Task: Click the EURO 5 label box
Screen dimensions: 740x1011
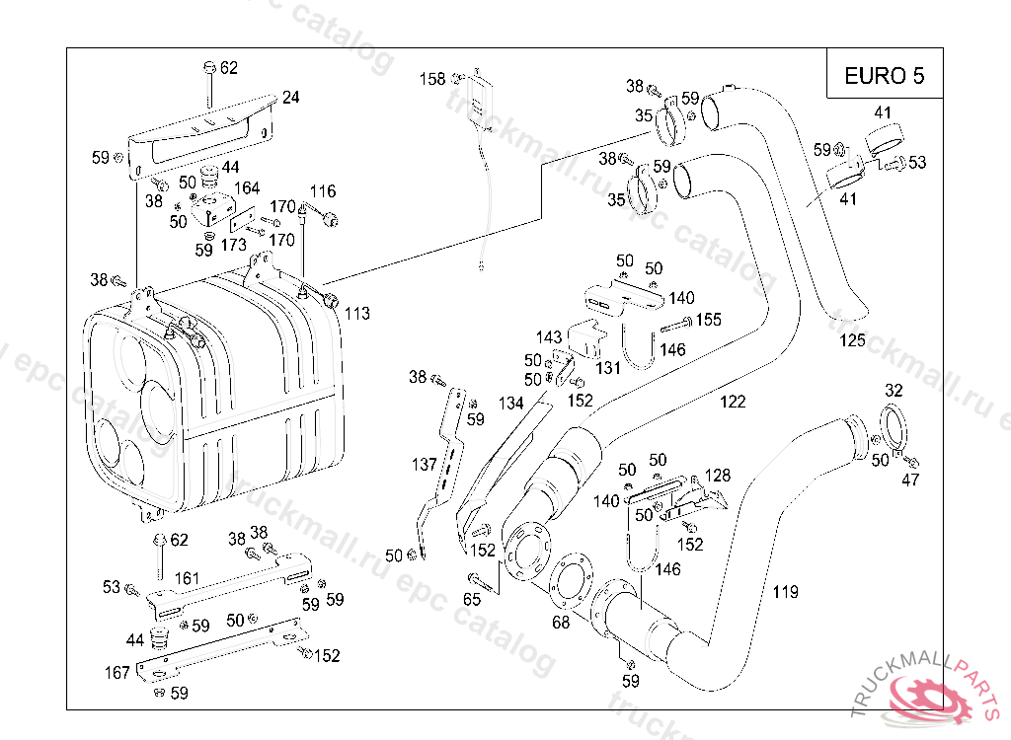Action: click(x=884, y=76)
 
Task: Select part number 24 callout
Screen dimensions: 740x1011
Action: click(x=290, y=98)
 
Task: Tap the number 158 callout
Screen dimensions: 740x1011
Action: click(x=432, y=79)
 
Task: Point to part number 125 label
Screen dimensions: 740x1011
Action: click(x=853, y=340)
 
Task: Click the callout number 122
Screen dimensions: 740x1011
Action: click(x=733, y=402)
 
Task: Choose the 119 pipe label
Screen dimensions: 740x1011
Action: click(x=785, y=592)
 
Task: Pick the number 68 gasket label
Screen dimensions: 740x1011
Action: click(x=561, y=623)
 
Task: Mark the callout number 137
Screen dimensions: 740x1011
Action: click(x=425, y=464)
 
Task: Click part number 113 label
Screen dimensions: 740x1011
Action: click(x=357, y=314)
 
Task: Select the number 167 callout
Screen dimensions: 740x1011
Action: click(x=117, y=673)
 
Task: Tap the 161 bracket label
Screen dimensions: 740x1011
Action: click(x=188, y=577)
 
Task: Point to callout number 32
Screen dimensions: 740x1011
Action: click(x=894, y=390)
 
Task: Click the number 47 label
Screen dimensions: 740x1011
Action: click(x=910, y=481)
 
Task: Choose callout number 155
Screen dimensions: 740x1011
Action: click(x=709, y=320)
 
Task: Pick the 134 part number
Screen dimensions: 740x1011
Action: click(x=510, y=403)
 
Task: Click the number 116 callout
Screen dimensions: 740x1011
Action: click(x=323, y=191)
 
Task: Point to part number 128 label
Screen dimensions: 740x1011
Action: click(x=718, y=476)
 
